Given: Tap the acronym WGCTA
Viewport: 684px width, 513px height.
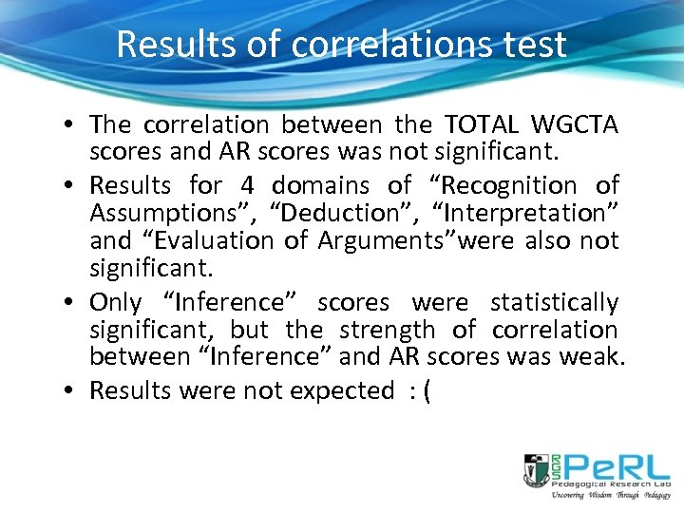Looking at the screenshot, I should (575, 124).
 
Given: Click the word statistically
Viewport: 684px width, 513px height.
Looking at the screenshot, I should (554, 303).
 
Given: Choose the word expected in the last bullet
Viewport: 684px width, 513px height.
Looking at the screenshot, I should (343, 390).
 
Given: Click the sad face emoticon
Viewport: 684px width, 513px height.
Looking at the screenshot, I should (422, 390).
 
